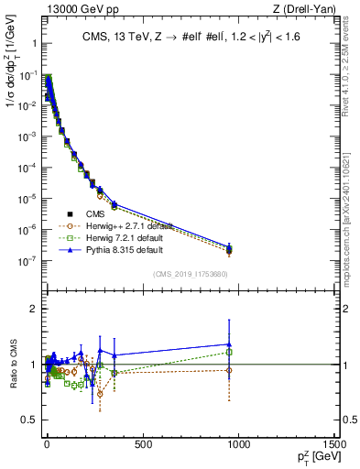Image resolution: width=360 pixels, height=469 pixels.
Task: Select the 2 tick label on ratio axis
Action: pyautogui.click(x=32, y=309)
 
